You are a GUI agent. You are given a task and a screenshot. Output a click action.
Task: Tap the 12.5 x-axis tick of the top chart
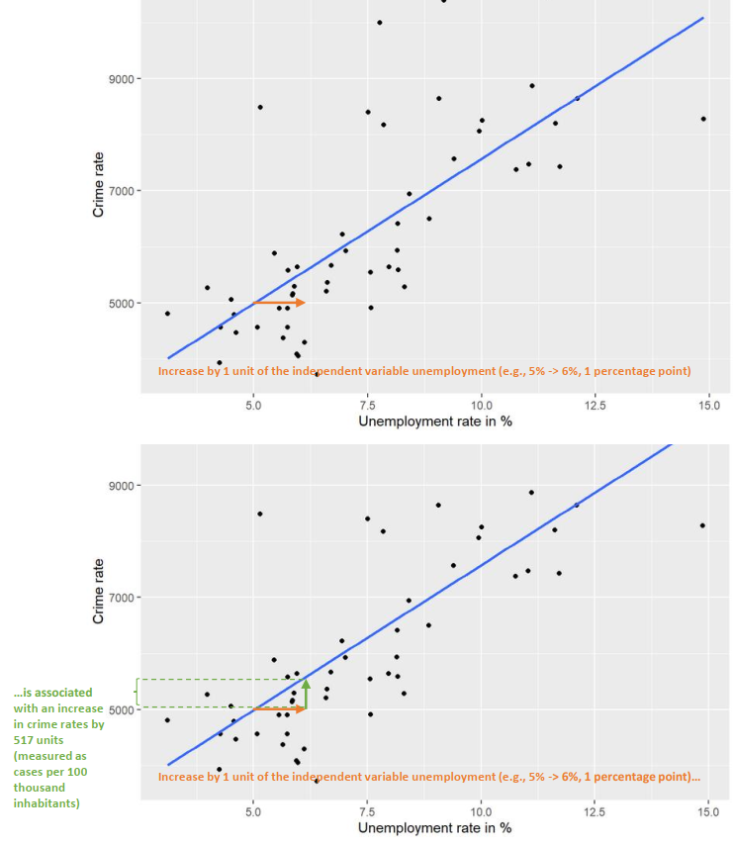[x=596, y=406]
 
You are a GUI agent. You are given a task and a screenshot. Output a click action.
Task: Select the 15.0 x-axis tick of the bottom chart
[x=707, y=811]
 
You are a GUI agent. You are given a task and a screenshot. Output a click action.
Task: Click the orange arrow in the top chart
[x=280, y=303]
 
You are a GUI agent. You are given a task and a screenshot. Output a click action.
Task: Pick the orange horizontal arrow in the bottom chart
[x=280, y=709]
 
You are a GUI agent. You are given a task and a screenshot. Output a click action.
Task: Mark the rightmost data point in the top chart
[x=703, y=119]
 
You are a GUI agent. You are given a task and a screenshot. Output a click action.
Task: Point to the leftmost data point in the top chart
[x=167, y=314]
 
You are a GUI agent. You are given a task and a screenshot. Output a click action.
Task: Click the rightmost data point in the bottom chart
[x=703, y=525]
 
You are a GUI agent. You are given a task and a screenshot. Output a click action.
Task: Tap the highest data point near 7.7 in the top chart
[x=380, y=22]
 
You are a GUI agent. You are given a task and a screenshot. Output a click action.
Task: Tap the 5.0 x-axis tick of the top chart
[x=254, y=406]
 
